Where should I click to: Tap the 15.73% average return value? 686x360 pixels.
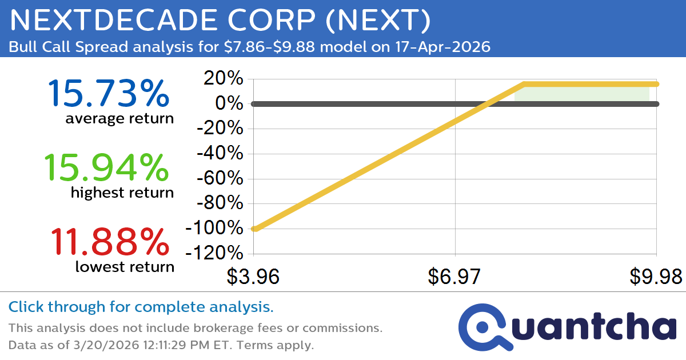[x=108, y=94]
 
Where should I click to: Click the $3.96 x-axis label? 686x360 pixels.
[x=253, y=277]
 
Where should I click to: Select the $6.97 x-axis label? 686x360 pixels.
[x=454, y=277]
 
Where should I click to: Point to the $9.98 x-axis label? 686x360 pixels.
[x=656, y=277]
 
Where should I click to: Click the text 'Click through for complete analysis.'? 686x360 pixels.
[x=141, y=307]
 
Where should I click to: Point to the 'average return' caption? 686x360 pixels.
[x=119, y=119]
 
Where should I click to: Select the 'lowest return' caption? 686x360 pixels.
[x=125, y=266]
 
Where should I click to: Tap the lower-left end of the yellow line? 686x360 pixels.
[x=254, y=229]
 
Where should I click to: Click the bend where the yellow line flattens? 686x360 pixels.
[x=523, y=84]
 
